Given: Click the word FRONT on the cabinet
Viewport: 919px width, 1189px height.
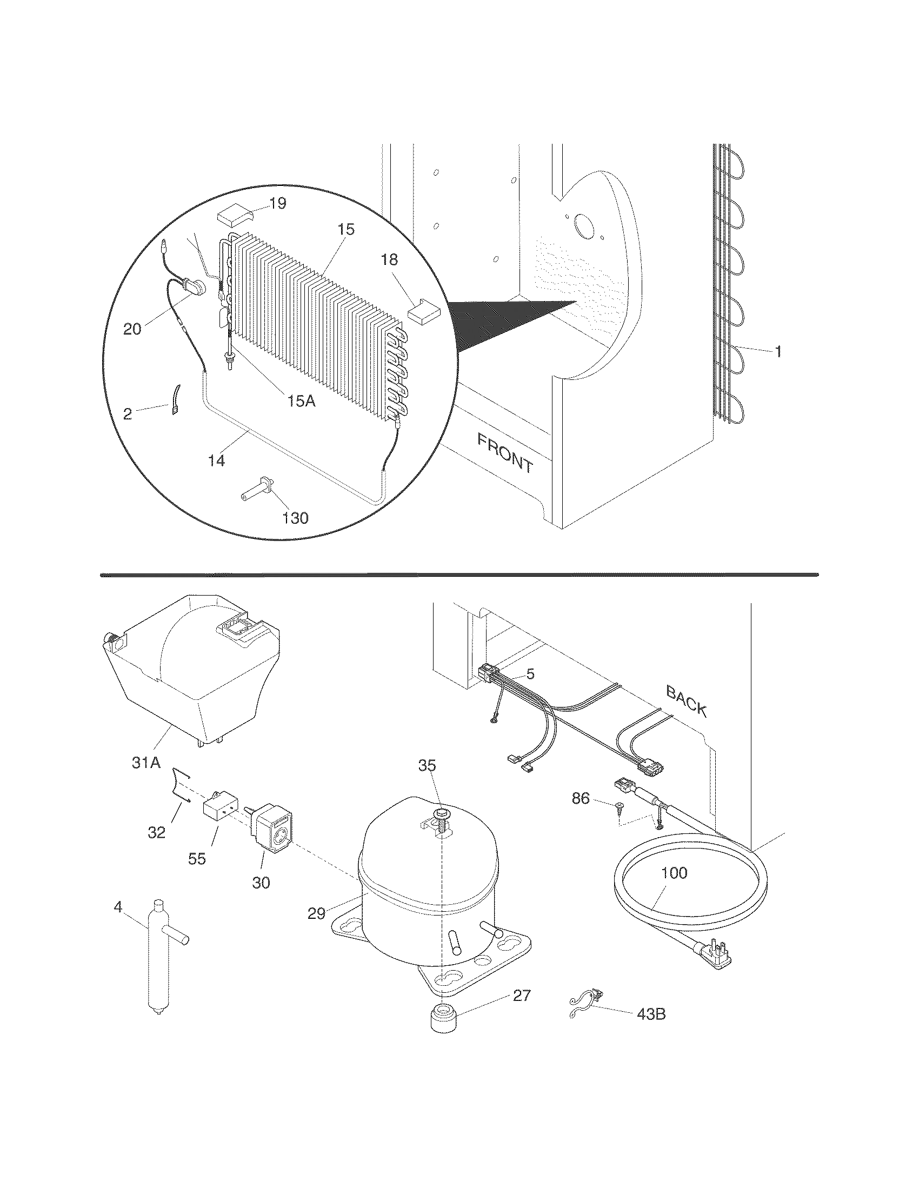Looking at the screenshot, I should (x=504, y=453).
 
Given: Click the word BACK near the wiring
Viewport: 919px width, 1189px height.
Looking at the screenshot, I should (x=687, y=701).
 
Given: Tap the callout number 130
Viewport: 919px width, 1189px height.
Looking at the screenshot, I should (x=295, y=517).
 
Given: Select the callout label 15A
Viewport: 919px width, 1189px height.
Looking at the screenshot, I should (x=301, y=401).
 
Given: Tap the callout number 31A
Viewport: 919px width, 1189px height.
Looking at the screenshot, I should (x=146, y=763).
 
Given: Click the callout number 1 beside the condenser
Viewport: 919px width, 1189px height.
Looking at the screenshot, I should (x=778, y=352).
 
